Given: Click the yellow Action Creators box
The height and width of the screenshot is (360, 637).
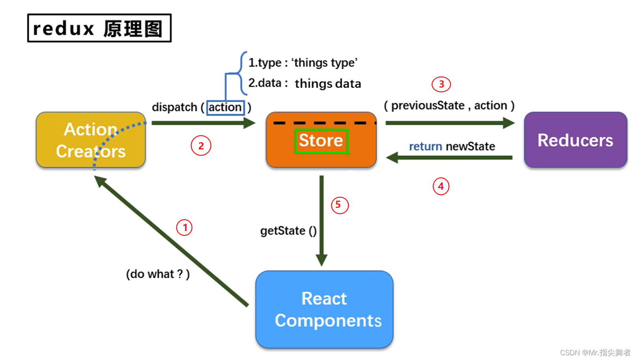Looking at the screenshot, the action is [91, 140].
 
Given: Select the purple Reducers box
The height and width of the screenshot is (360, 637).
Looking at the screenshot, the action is [576, 140].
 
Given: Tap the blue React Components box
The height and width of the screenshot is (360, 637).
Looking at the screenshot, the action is [324, 310].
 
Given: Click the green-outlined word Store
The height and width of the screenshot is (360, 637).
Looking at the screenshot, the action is [321, 141].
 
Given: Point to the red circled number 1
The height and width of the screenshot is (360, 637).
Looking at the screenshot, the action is [184, 228].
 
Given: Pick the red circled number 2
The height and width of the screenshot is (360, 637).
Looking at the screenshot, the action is [201, 146].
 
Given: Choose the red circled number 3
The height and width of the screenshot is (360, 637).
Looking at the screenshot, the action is [441, 84].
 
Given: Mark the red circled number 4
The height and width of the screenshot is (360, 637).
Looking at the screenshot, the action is [441, 186].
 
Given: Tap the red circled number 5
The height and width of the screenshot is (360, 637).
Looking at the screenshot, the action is [340, 205].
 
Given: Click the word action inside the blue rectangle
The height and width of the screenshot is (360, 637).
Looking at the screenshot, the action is [225, 108].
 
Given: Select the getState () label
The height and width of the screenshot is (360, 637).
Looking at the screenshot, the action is [289, 231].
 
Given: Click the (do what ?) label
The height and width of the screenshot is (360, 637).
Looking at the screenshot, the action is [158, 274].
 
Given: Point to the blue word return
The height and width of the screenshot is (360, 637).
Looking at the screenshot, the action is [425, 146].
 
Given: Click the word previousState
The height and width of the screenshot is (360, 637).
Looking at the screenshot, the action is [428, 106].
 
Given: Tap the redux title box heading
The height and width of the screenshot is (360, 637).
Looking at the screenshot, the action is [99, 28].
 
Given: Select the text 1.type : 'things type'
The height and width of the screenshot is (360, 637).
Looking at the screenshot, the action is [303, 63].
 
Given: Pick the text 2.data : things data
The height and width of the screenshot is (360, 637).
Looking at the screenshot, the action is [305, 83].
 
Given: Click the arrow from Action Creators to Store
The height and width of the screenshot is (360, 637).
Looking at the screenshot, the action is [203, 123].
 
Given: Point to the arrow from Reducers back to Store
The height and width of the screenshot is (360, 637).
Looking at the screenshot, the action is [449, 158].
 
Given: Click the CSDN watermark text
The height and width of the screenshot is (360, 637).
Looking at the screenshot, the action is [595, 353].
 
